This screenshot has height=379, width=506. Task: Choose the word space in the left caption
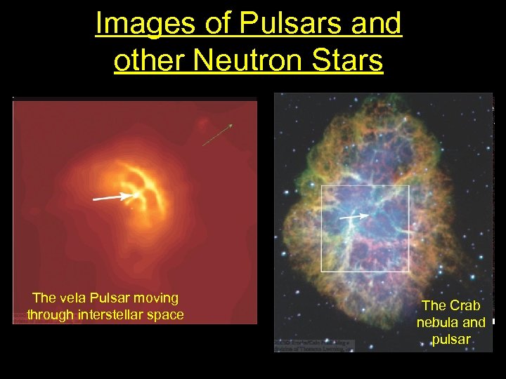pos(166,314)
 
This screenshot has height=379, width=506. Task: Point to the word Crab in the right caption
pos(464,305)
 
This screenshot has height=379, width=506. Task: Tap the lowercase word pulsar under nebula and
pos(450,340)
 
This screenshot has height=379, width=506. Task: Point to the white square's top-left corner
pos(322,186)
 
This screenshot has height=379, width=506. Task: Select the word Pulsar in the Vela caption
pos(111,298)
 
